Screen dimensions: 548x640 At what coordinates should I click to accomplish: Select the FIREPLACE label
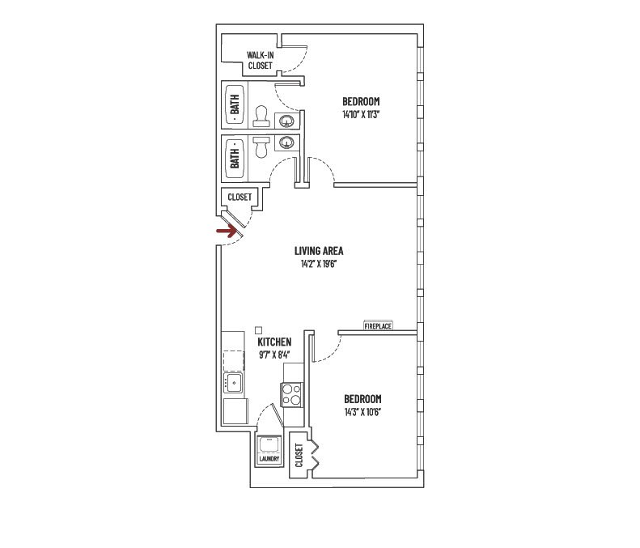[x=378, y=325]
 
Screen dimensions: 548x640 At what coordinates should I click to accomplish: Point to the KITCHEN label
[x=274, y=342]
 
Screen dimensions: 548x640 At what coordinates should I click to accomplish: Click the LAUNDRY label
[x=269, y=459]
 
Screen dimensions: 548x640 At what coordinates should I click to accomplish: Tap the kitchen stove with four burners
[x=291, y=394]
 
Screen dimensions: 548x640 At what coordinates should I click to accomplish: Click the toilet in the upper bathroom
[x=261, y=117]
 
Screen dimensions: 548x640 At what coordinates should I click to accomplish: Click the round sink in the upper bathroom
[x=286, y=122]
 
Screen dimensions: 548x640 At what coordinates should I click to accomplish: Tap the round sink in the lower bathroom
[x=286, y=144]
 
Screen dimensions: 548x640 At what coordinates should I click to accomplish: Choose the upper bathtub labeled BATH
[x=235, y=105]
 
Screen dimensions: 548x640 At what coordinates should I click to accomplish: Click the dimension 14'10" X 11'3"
[x=361, y=115]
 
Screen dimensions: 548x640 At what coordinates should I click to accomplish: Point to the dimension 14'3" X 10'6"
[x=362, y=412]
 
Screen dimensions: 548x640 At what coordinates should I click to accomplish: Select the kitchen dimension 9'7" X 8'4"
[x=274, y=355]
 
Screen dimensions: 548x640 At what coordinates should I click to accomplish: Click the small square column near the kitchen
[x=258, y=329]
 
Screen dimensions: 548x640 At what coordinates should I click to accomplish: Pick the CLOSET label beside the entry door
[x=239, y=197]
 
